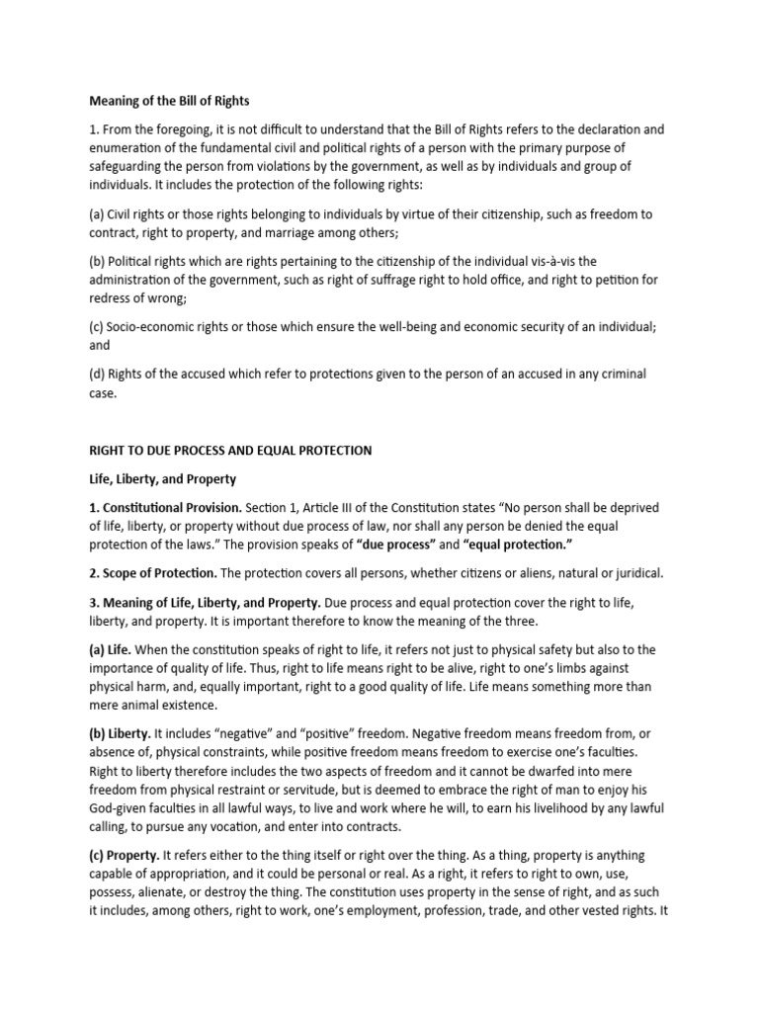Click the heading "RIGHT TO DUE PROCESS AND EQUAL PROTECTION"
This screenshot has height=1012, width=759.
tap(230, 450)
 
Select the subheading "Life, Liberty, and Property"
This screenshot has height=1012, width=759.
tap(162, 478)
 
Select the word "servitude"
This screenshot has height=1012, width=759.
tap(347, 790)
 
